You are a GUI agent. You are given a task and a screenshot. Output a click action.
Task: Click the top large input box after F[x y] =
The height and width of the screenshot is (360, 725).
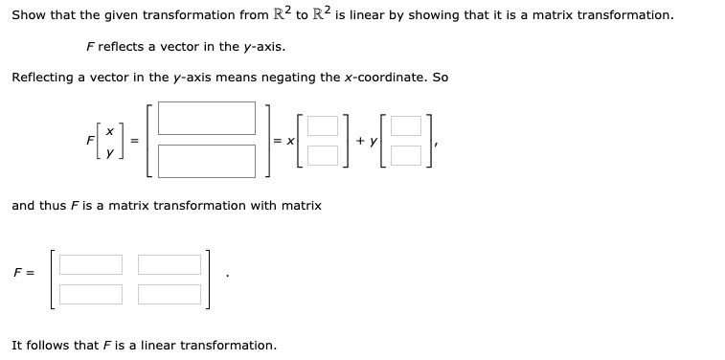pos(207,118)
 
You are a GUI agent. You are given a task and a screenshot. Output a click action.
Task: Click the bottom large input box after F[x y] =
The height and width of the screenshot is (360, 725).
pos(207,160)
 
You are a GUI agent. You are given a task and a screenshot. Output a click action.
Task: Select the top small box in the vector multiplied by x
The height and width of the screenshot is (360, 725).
pos(323,125)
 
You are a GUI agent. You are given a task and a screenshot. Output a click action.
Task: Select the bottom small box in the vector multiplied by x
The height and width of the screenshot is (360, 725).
pos(323,153)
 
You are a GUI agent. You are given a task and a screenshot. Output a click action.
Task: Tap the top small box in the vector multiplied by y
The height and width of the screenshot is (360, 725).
pos(406,125)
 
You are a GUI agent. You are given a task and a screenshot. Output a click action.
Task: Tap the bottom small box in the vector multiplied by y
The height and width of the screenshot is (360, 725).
pos(406,153)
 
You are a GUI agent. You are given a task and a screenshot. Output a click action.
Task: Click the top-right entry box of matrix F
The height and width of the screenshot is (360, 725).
pos(169,264)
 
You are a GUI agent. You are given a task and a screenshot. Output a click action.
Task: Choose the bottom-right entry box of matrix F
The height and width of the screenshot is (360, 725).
pos(169,293)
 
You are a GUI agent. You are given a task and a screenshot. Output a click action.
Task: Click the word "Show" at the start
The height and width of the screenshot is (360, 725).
pos(28,15)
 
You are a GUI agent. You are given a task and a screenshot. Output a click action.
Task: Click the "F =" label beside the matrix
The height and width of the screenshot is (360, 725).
pos(24,273)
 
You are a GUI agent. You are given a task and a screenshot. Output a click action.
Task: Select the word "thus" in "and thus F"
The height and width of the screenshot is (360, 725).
pos(54,205)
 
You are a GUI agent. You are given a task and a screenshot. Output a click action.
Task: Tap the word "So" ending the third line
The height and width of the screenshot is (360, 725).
pos(440,77)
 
